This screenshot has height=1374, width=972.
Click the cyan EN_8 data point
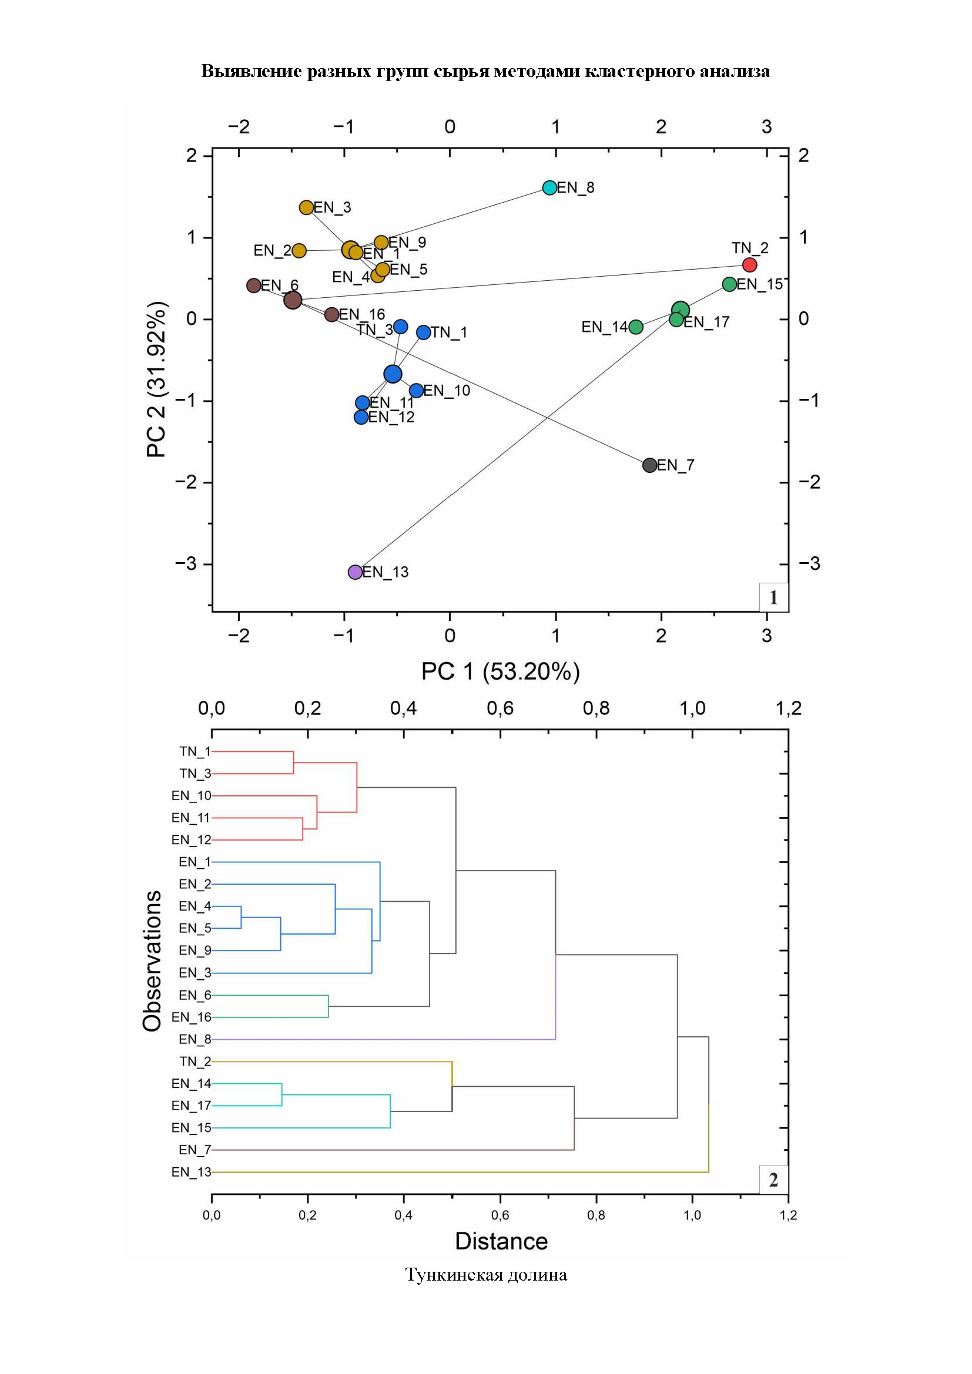click(549, 187)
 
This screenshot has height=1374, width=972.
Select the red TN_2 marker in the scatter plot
click(749, 264)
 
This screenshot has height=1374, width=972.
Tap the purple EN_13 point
click(355, 572)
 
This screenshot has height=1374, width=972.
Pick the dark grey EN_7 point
click(649, 465)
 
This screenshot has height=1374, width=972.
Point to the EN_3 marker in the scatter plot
click(306, 207)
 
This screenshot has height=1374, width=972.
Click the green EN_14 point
click(636, 327)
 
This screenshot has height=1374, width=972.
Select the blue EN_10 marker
click(417, 391)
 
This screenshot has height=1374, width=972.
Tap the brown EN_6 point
click(254, 285)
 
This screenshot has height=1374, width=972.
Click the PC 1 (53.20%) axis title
click(500, 671)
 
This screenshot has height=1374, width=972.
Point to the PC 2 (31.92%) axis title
click(157, 379)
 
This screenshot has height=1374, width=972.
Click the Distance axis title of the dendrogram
click(501, 1241)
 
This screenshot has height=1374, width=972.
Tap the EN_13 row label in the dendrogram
click(191, 1173)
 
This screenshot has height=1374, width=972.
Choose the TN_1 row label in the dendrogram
click(195, 752)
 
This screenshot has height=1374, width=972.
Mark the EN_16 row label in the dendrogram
click(191, 1017)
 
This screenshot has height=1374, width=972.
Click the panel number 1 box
click(773, 597)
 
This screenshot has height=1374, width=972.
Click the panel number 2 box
click(773, 1180)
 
